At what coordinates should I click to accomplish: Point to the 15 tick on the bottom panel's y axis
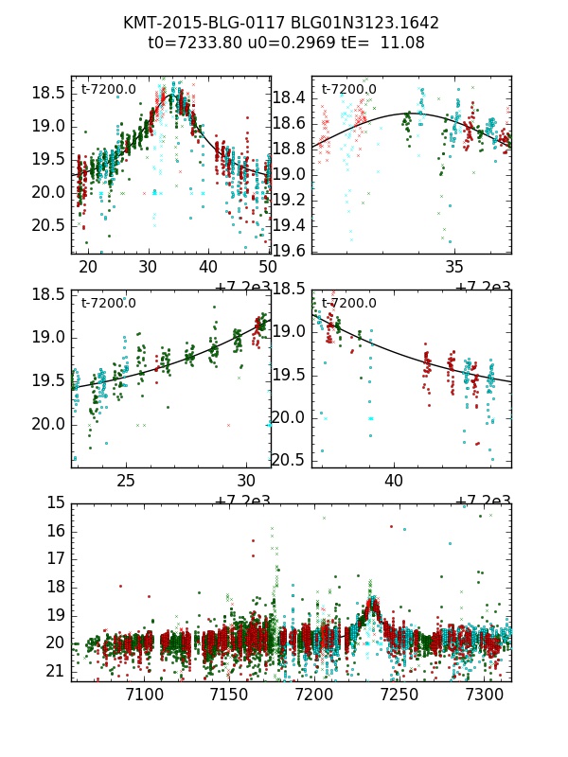coord(56,502)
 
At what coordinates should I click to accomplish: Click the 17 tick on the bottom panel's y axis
coord(56,558)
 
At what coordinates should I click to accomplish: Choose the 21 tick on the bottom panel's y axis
coord(56,671)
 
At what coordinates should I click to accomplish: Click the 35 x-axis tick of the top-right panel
coord(454,267)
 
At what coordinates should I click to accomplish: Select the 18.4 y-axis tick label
coord(290,97)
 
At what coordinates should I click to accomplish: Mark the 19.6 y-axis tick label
coord(290,250)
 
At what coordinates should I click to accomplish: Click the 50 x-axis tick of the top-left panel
coord(267,267)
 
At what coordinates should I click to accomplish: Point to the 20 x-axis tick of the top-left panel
coord(88,267)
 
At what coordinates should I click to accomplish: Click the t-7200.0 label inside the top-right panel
coord(349,89)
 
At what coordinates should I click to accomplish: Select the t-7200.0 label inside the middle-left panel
coord(109,303)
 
